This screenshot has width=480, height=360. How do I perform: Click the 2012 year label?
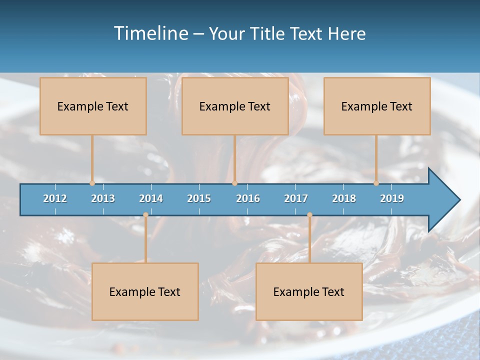[55, 198]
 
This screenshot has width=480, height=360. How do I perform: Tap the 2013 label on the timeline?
[103, 198]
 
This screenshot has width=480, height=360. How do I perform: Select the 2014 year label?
[151, 198]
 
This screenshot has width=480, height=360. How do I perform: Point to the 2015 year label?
[199, 198]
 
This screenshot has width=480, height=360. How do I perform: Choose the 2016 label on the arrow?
[248, 198]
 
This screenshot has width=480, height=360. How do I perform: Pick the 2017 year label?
[296, 198]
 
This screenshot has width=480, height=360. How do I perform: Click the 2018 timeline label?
[344, 198]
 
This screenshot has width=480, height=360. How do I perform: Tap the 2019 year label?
[392, 198]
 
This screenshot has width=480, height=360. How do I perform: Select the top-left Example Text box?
[93, 106]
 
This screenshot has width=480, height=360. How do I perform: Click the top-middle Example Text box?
[235, 106]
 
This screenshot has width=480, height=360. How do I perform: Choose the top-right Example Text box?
[377, 106]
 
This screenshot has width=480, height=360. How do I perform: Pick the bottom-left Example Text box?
[145, 291]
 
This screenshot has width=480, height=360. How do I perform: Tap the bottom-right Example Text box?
[309, 291]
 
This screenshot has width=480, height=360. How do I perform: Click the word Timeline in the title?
[150, 33]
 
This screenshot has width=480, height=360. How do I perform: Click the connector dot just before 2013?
[92, 183]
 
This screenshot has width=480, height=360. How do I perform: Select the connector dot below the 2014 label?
[145, 215]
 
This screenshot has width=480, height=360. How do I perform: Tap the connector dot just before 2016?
[235, 183]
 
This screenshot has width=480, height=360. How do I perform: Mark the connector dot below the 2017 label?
[309, 215]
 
